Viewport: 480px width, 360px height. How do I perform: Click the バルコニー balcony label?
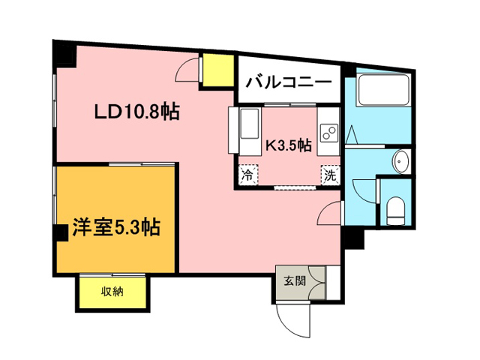[289, 82]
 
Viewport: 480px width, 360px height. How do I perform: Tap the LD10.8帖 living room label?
[136, 112]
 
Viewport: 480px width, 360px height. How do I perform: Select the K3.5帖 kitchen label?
[288, 145]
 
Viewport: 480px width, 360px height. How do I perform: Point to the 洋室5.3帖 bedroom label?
[116, 227]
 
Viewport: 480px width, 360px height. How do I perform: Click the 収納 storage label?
[112, 292]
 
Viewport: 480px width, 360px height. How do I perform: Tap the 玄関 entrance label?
[295, 280]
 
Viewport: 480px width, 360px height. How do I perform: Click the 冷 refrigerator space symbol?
[248, 175]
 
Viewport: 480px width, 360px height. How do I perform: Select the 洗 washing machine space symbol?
[330, 175]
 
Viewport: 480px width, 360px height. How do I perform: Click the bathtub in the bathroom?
[383, 90]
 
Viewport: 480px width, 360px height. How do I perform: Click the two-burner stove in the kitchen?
[328, 133]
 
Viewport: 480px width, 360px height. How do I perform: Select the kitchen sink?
[250, 124]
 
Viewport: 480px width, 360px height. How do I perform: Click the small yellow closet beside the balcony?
[218, 70]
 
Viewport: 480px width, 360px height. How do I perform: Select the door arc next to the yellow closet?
[187, 70]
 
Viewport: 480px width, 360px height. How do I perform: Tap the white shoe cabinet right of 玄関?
[333, 283]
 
